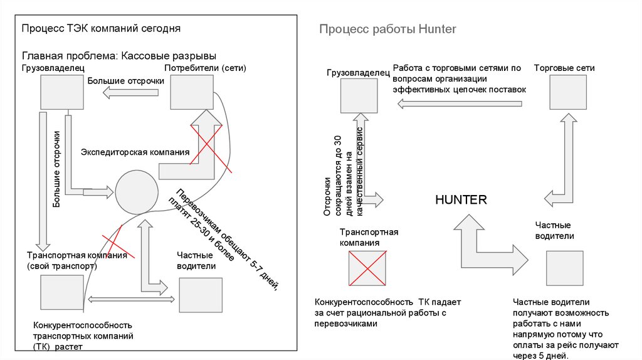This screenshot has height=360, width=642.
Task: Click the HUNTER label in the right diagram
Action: (461, 200)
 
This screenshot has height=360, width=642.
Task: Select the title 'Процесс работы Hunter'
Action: (387, 29)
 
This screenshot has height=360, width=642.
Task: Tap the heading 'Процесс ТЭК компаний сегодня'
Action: (102, 28)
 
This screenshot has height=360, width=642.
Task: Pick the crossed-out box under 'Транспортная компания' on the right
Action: (368, 269)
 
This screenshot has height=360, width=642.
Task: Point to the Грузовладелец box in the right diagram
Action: (359, 96)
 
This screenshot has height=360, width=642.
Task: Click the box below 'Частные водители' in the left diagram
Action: (201, 295)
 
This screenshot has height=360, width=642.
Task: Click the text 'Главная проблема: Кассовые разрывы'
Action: (119, 56)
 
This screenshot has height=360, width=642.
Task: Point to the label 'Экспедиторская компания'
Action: (135, 152)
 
